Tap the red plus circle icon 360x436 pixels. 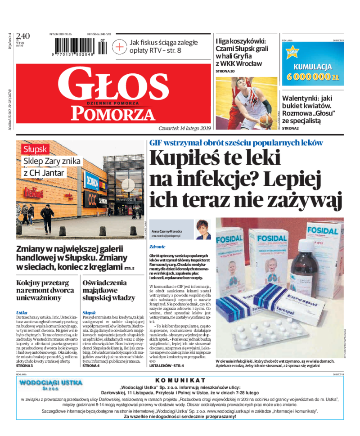(120, 46)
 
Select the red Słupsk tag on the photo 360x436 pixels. (36, 149)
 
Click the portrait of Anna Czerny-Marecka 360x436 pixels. (203, 229)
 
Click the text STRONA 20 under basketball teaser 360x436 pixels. (225, 71)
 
